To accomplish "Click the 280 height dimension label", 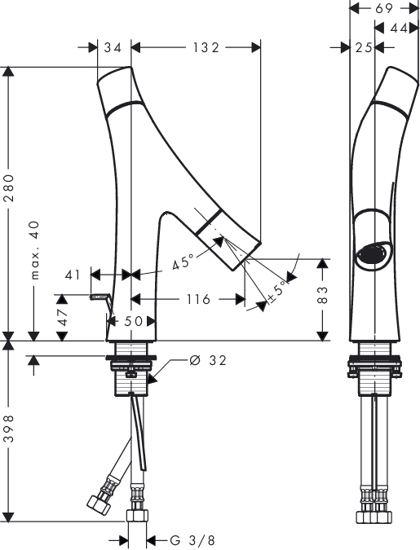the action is pyautogui.click(x=10, y=187).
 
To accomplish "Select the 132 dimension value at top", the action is pyautogui.click(x=206, y=47).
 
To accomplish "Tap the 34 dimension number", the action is pyautogui.click(x=113, y=47).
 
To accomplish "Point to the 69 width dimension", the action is pyautogui.click(x=384, y=8).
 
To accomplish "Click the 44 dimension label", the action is pyautogui.click(x=399, y=28).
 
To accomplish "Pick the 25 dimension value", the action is pyautogui.click(x=364, y=47).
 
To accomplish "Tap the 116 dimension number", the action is pyautogui.click(x=198, y=299).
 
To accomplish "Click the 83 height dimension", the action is pyautogui.click(x=322, y=295).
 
